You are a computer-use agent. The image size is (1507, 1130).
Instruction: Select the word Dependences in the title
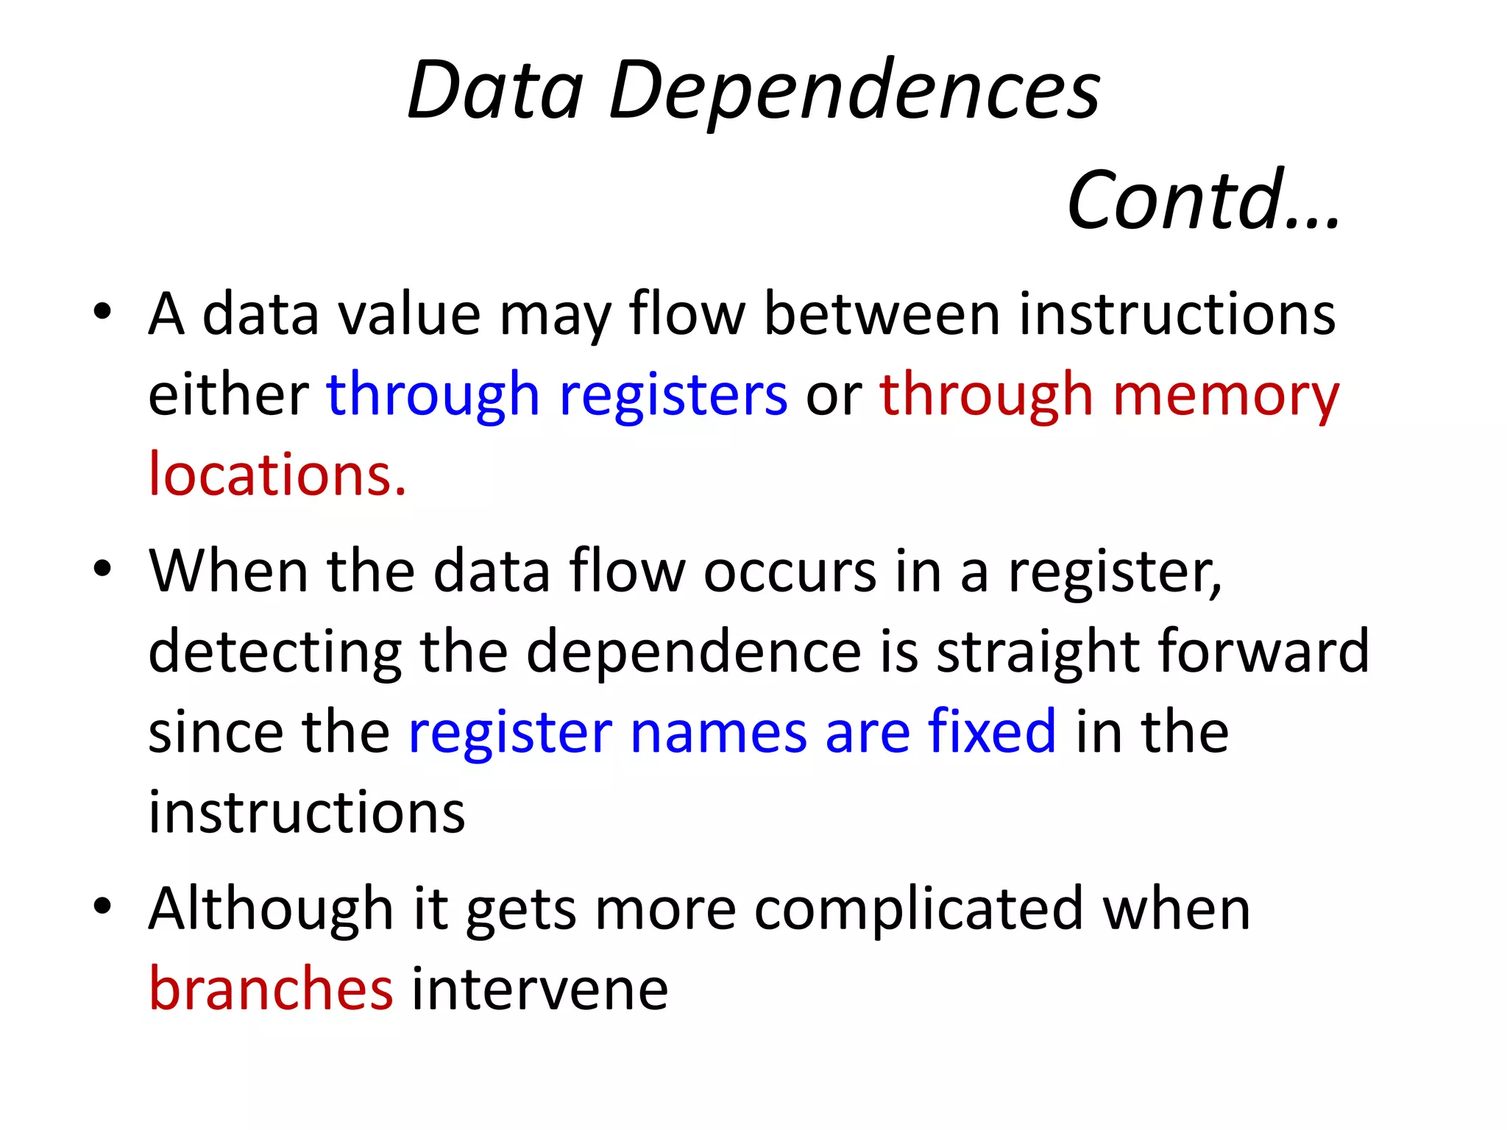tap(854, 92)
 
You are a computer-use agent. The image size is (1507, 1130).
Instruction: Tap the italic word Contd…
tap(1204, 200)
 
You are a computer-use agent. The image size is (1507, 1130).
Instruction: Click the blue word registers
tap(673, 395)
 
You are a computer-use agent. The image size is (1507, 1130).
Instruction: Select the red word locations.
tap(277, 475)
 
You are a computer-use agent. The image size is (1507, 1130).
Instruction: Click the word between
tap(882, 314)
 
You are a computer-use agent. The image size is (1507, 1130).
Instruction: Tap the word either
tap(229, 395)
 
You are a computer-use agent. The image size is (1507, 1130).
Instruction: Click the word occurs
tap(790, 572)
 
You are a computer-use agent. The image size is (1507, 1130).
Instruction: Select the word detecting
tap(274, 653)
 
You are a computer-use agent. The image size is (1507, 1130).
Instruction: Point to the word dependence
tap(693, 653)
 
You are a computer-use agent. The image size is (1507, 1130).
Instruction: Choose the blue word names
tap(718, 733)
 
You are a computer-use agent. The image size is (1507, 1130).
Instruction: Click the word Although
tap(271, 909)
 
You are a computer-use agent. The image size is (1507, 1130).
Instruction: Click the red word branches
tap(271, 989)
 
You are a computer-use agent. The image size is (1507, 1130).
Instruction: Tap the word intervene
tap(539, 990)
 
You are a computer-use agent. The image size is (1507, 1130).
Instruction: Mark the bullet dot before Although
tap(102, 906)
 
